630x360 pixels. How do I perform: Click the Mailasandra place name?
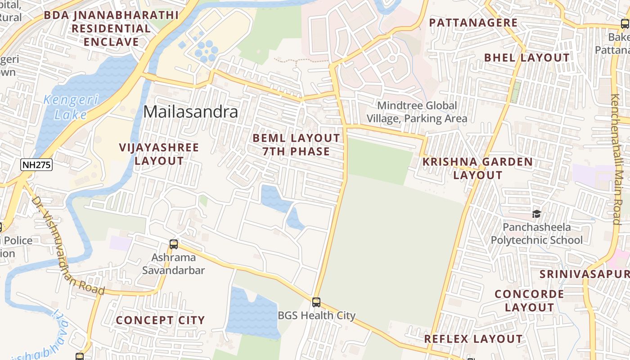(x=190, y=112)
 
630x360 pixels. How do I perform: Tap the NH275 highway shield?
(x=36, y=165)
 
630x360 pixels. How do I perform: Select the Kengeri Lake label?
(x=71, y=107)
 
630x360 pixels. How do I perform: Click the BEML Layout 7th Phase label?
(x=296, y=144)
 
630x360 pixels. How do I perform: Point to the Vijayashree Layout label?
(x=159, y=154)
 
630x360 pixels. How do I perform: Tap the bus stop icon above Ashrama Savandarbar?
(x=174, y=244)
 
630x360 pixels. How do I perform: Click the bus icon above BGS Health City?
(x=316, y=302)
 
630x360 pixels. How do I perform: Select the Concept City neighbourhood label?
(x=160, y=320)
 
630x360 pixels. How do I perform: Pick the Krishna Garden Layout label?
(x=477, y=168)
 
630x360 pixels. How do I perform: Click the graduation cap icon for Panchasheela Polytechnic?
(x=536, y=213)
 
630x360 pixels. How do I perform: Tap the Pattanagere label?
(x=473, y=22)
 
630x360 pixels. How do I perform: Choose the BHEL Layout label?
(x=526, y=58)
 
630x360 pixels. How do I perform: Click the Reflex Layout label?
(x=473, y=339)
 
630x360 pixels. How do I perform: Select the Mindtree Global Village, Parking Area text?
(x=417, y=112)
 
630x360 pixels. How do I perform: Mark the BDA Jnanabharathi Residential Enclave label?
(x=111, y=28)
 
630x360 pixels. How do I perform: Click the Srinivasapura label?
(x=585, y=274)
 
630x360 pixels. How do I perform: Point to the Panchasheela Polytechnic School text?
(x=536, y=234)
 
